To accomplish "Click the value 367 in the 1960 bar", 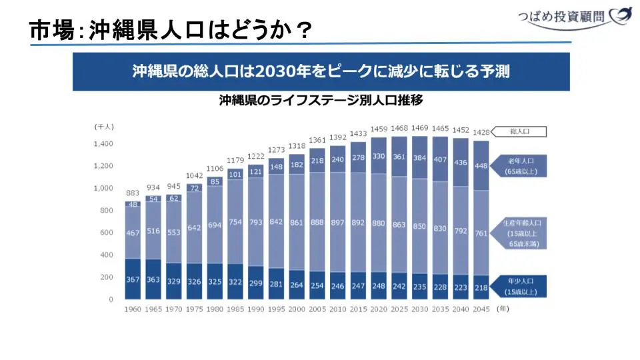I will tap(133, 279).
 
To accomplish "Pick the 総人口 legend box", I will tap(519, 132).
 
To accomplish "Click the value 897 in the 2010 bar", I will tap(338, 223).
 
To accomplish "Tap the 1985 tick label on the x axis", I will tap(235, 309).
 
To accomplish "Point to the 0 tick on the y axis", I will tap(111, 299).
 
